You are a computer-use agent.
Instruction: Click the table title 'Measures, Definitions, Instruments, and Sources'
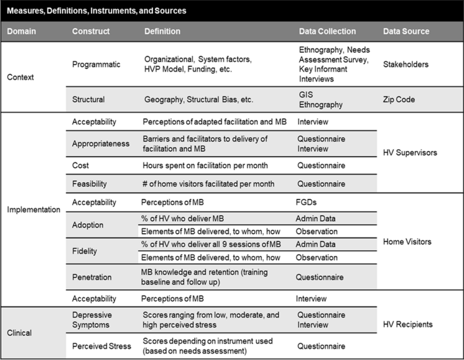pos(96,11)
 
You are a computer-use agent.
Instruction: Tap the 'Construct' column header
pos(91,31)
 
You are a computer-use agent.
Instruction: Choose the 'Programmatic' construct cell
pos(97,63)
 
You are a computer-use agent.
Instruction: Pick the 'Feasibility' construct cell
pos(90,183)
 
